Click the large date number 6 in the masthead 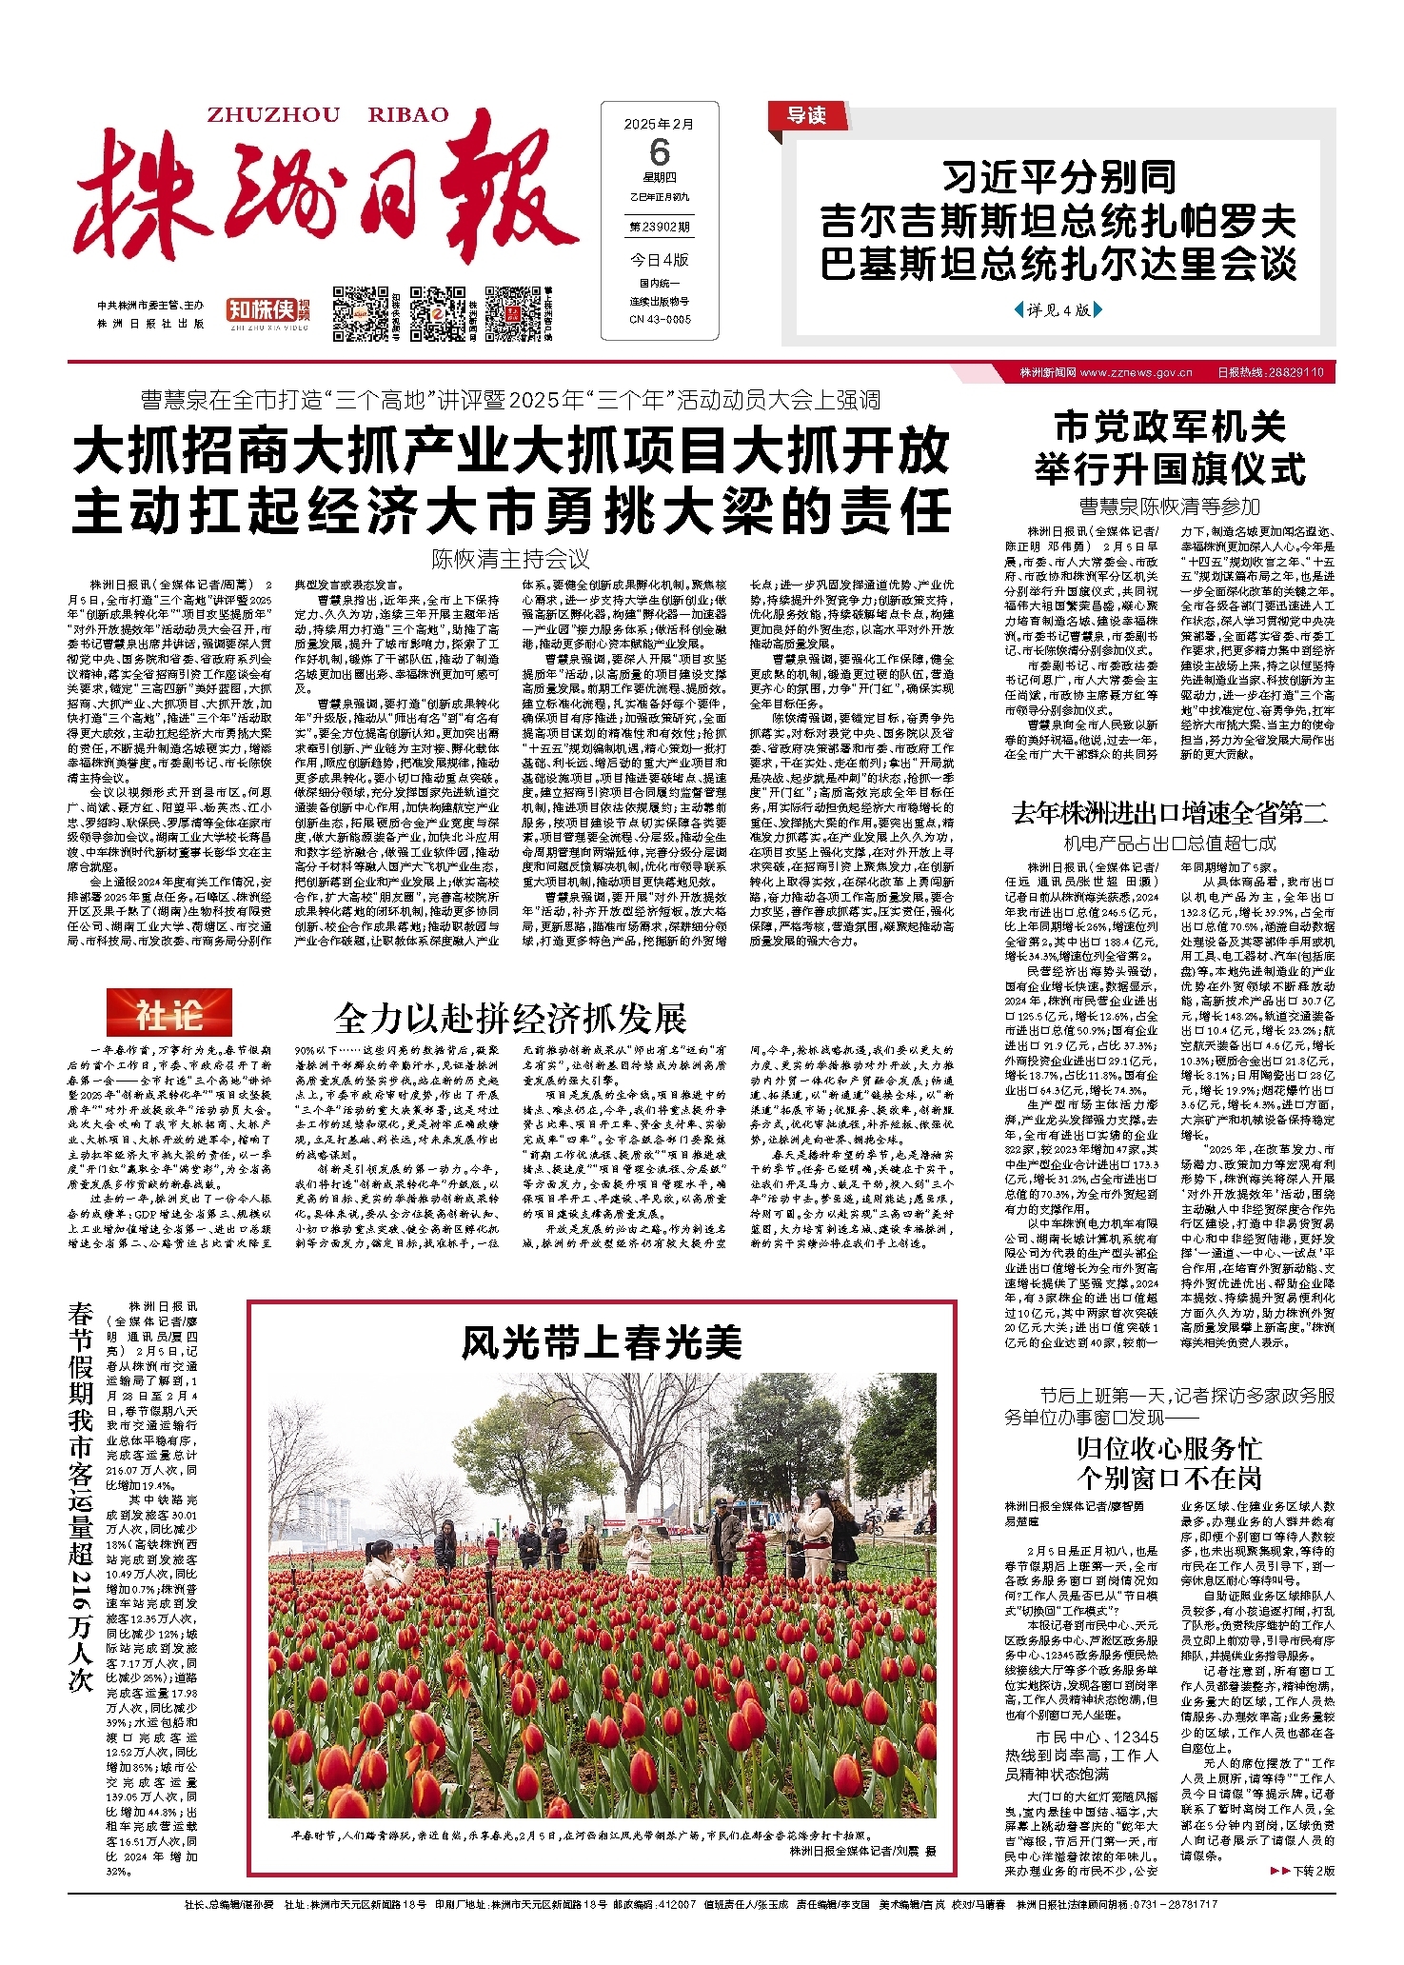tap(659, 152)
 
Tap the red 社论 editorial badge tap(168, 1016)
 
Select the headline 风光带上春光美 tap(602, 1342)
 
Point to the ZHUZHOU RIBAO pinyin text tap(327, 115)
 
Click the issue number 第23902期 tap(659, 228)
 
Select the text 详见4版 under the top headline tap(1058, 309)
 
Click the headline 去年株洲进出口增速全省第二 tap(1169, 813)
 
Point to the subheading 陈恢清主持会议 tap(510, 559)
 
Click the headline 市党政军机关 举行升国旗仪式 tap(1170, 447)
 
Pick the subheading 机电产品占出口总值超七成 tap(1169, 843)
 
